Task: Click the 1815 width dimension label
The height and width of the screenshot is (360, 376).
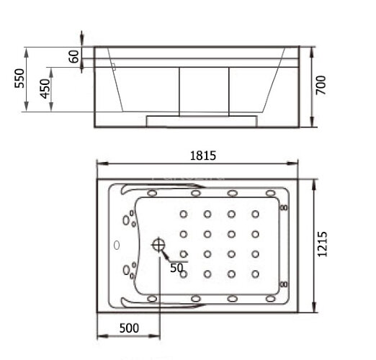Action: click(203, 156)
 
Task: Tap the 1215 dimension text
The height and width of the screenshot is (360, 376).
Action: click(322, 244)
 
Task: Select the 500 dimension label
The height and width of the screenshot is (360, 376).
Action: click(129, 328)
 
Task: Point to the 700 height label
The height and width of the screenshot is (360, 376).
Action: click(321, 85)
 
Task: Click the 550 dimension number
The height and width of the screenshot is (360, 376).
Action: click(19, 78)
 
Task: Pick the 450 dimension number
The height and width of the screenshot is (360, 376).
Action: click(45, 89)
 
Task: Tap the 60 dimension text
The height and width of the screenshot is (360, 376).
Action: click(73, 57)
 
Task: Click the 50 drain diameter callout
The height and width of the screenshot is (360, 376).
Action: click(176, 268)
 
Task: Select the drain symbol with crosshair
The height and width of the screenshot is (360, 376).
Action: click(158, 245)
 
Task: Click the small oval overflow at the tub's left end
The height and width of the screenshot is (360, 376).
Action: click(117, 245)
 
